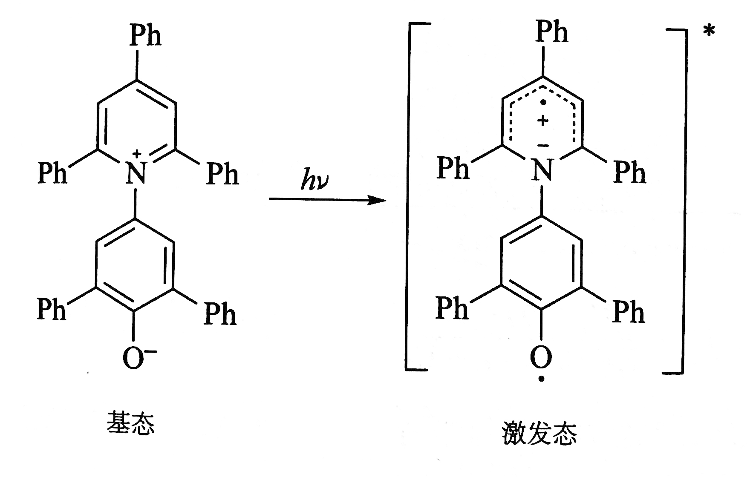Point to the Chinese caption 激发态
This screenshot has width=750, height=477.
pos(539,433)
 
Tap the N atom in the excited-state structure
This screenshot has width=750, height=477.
pos(542,170)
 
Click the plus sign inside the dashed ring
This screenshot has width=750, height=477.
pos(542,121)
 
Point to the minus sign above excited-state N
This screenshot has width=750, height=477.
pos(542,146)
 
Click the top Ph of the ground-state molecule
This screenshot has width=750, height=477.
pos(146,35)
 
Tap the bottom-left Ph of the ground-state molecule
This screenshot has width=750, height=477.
pos(52,308)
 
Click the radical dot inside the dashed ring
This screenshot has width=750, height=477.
pos(542,103)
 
